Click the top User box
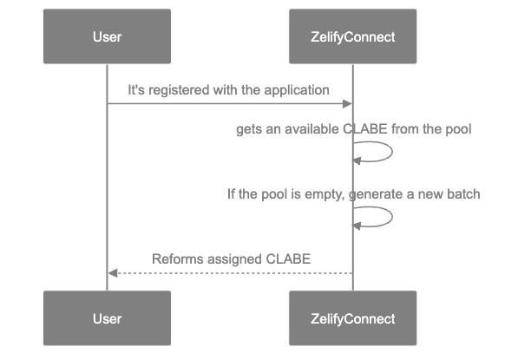click(x=107, y=36)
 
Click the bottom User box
click(x=107, y=318)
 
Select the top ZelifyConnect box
click(x=352, y=36)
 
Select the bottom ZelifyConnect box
click(x=352, y=318)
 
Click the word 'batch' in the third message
click(x=462, y=194)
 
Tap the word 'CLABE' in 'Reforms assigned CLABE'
click(x=288, y=259)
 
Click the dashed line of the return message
click(x=230, y=273)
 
